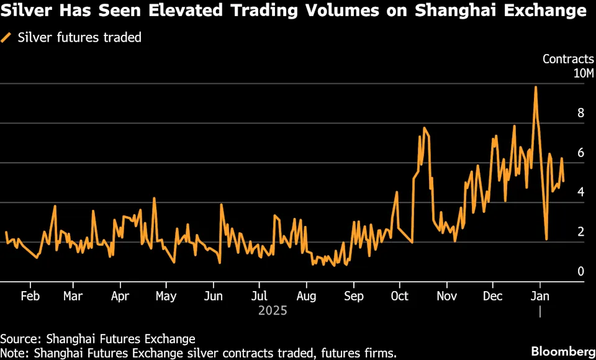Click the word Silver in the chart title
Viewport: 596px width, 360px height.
[x=23, y=11]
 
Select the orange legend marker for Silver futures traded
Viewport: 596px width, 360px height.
[x=6, y=37]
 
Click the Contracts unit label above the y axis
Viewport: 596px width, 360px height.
[x=568, y=59]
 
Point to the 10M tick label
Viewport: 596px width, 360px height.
[x=584, y=74]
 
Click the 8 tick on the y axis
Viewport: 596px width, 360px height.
[x=580, y=113]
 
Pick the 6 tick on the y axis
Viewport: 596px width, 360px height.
[x=580, y=153]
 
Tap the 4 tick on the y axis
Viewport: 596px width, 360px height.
[x=580, y=192]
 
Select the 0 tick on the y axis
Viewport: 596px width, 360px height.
[x=580, y=271]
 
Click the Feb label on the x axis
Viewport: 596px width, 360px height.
[x=30, y=295]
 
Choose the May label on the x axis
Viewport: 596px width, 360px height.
[x=166, y=295]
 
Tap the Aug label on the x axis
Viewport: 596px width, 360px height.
[x=306, y=295]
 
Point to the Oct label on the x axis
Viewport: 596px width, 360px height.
[x=400, y=295]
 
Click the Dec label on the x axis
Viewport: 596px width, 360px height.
[x=493, y=295]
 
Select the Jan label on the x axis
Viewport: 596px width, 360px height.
[x=540, y=295]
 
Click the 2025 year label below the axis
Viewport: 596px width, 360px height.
[x=273, y=310]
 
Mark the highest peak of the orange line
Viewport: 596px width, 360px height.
[x=535, y=87]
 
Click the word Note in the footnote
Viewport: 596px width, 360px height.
[x=14, y=353]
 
